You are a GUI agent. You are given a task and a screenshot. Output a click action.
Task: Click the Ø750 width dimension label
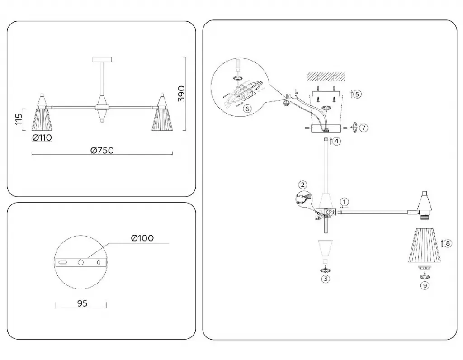tap(102, 150)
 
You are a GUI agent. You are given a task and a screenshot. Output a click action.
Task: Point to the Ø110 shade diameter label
tap(43, 138)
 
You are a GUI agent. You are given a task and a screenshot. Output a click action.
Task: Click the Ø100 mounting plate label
tap(142, 238)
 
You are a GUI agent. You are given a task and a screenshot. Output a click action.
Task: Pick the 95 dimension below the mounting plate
tap(82, 304)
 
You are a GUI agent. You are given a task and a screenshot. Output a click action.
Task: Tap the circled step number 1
tap(345, 201)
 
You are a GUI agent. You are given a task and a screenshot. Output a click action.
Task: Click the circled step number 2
tap(303, 185)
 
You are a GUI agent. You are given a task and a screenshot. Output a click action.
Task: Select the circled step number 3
tap(326, 279)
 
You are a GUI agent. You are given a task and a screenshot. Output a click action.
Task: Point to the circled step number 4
tap(337, 141)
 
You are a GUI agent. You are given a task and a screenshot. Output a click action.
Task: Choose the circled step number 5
tap(357, 94)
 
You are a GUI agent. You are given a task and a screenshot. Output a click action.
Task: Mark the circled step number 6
tap(247, 109)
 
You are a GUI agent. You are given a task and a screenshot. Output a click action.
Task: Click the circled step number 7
tap(364, 128)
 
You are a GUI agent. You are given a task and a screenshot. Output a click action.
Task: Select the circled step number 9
tap(424, 285)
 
